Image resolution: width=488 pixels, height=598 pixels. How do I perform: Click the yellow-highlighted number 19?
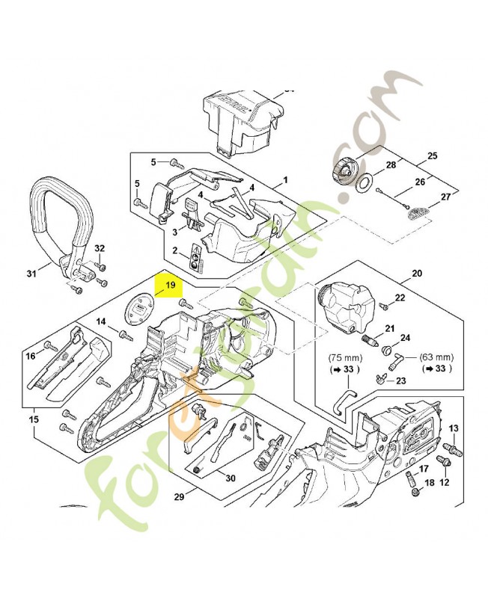170,285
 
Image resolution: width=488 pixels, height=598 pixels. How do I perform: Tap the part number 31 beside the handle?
31,274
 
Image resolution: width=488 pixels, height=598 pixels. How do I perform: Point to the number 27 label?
446,197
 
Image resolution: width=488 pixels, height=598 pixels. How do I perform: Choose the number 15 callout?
34,419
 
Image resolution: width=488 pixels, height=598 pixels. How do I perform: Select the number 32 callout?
99,248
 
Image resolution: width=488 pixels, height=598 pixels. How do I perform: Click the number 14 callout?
102,321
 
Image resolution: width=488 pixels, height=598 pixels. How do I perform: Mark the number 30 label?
231,478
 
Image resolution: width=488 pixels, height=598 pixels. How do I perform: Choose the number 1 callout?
285,181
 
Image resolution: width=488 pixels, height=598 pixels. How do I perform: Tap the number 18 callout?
427,484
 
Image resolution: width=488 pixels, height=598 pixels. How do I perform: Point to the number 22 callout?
400,298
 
